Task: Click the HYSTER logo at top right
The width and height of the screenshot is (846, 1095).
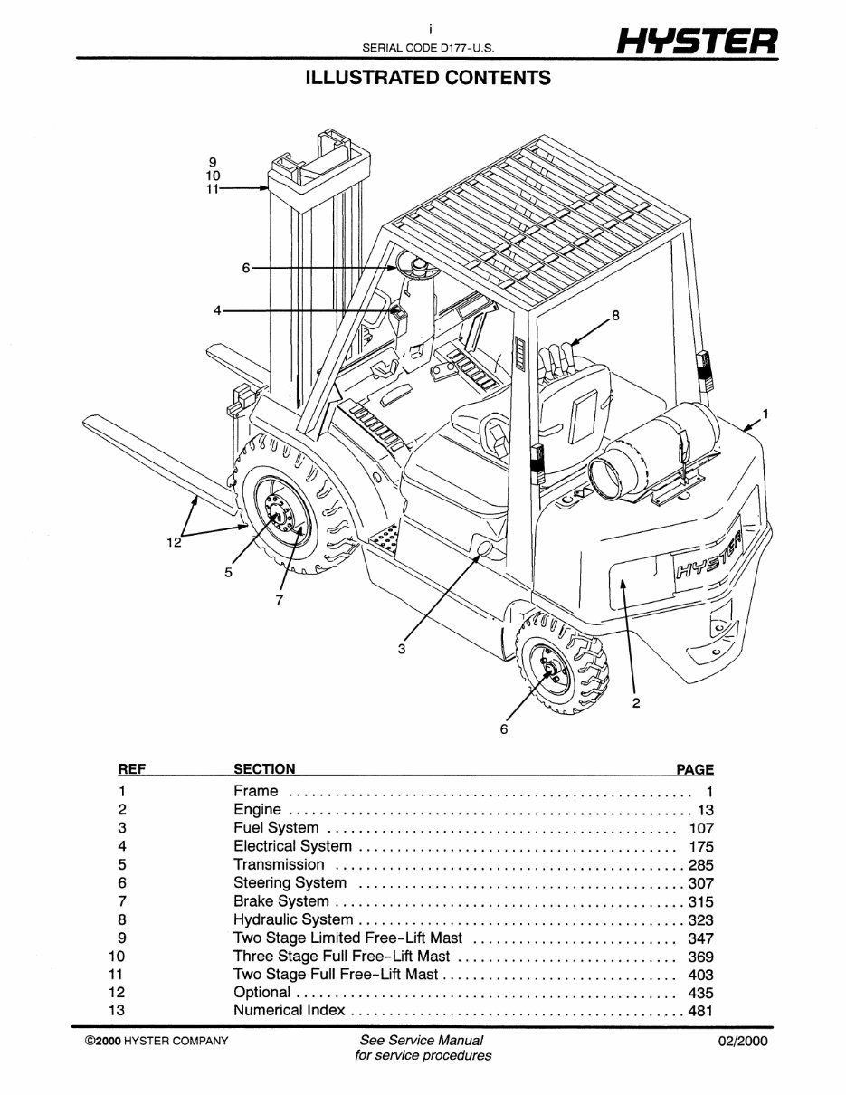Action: click(693, 40)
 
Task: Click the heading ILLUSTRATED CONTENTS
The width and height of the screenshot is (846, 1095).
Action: click(428, 78)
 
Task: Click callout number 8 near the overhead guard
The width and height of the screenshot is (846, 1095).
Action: click(615, 316)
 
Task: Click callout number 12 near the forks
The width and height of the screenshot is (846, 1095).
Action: click(175, 542)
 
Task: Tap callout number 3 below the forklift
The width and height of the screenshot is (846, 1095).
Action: click(402, 648)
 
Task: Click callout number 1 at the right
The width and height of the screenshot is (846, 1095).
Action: click(765, 414)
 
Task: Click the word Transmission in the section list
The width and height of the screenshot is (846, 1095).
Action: click(279, 864)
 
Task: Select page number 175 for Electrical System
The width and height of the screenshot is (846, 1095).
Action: click(700, 847)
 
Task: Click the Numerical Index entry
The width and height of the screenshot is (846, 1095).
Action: click(289, 1011)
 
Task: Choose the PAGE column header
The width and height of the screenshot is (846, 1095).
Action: click(695, 770)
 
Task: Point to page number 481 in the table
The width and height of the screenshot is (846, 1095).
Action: click(700, 1011)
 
